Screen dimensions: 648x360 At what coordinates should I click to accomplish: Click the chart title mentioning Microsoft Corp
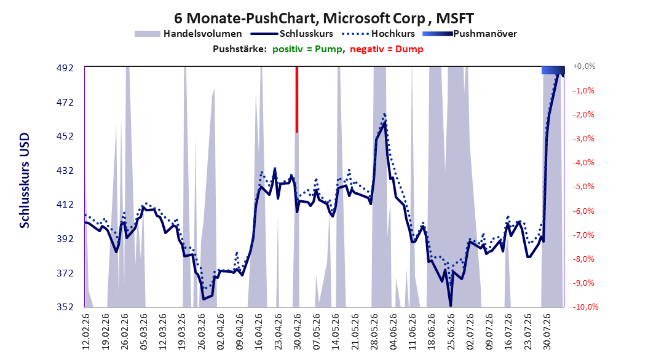pos(323,18)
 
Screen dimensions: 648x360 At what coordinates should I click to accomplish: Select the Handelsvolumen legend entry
pos(188,34)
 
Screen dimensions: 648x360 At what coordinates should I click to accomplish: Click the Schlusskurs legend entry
pos(291,34)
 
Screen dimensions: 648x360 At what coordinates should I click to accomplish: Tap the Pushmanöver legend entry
pos(470,34)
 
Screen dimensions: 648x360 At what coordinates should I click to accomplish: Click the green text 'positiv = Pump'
pos(307,49)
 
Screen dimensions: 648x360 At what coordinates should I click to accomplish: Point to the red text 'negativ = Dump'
pos(387,49)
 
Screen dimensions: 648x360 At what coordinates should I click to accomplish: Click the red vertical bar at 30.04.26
pos(297,100)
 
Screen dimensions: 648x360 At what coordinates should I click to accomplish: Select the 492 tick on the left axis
pos(65,68)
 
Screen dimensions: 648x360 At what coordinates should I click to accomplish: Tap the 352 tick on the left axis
pos(65,307)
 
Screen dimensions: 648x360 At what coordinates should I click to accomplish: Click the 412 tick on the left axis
pos(65,205)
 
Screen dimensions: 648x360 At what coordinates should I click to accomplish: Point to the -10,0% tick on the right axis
pos(585,307)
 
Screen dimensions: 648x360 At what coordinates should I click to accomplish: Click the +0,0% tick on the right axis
pos(584,66)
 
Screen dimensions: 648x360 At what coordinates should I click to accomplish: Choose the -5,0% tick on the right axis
pos(583,187)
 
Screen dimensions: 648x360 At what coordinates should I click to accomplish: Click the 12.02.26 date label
pos(86,332)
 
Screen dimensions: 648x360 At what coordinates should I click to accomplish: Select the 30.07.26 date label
pos(547,332)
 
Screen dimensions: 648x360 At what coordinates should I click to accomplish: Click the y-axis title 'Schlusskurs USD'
pos(25,181)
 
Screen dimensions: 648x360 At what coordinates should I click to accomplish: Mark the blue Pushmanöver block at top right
pos(553,71)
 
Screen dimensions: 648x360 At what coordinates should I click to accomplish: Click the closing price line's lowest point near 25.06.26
pos(451,306)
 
